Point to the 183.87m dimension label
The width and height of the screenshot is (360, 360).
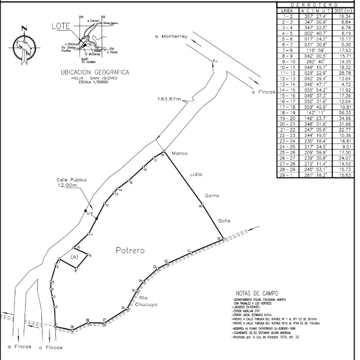point(166,99)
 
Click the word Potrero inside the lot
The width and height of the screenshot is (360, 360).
point(130,251)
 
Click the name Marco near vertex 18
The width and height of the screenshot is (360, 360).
point(179,153)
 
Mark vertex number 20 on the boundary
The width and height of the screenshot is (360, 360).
point(219,238)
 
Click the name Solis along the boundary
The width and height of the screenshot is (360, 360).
point(223,220)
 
